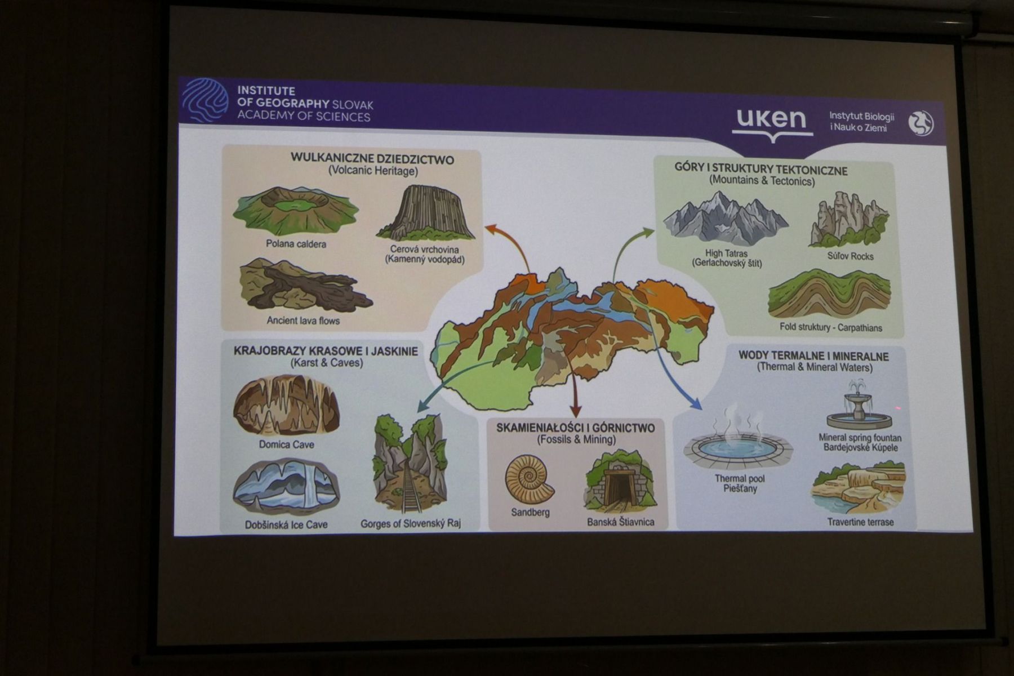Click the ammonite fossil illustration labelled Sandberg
[x=529, y=478]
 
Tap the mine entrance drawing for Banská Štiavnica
[x=620, y=480]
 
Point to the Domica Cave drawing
[x=286, y=405]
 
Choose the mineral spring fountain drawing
[x=859, y=404]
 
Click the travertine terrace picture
[x=858, y=487]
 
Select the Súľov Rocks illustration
[x=849, y=219]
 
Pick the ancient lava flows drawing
[x=304, y=286]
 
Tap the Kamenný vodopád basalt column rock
[x=426, y=213]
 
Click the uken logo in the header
[x=772, y=124]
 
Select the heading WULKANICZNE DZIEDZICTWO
[x=372, y=159]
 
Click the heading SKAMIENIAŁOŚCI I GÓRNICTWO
[x=575, y=428]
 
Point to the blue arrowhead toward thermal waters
[x=696, y=403]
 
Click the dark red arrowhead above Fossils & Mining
[x=575, y=410]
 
